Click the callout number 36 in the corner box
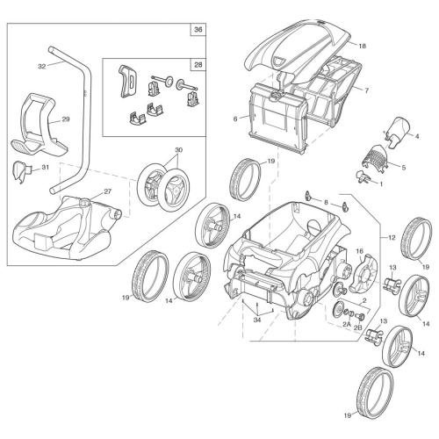click(197, 31)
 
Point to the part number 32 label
click(41, 65)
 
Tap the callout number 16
click(358, 251)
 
